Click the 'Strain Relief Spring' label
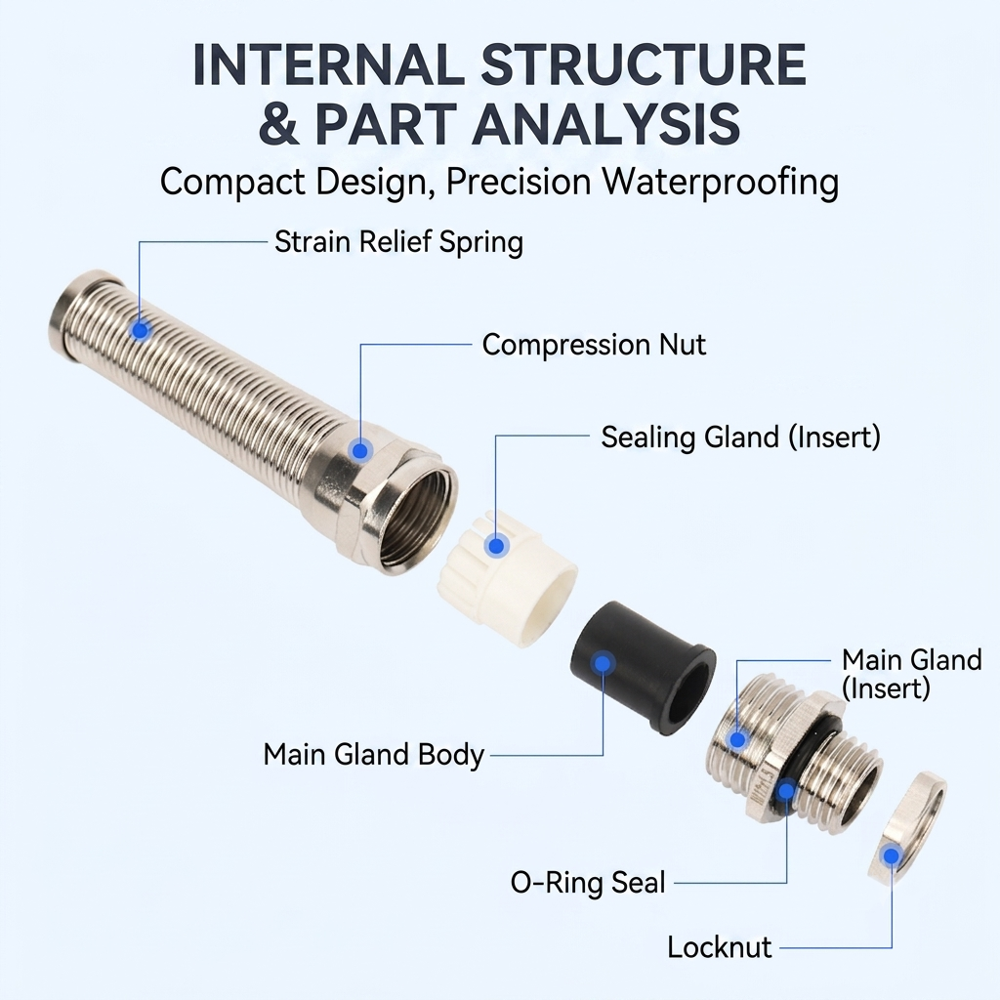(398, 242)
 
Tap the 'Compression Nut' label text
(594, 345)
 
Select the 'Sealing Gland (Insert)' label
(740, 437)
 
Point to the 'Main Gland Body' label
(374, 755)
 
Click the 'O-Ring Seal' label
(587, 883)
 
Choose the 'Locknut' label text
(720, 947)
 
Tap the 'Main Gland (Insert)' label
(911, 674)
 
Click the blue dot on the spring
(140, 330)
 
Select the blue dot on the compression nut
(359, 450)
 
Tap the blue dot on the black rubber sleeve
(602, 663)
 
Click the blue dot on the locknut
(891, 855)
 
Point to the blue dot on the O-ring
(786, 791)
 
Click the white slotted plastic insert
(508, 579)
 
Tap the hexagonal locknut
(907, 827)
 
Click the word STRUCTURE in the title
(645, 64)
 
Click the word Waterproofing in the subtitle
(721, 183)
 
